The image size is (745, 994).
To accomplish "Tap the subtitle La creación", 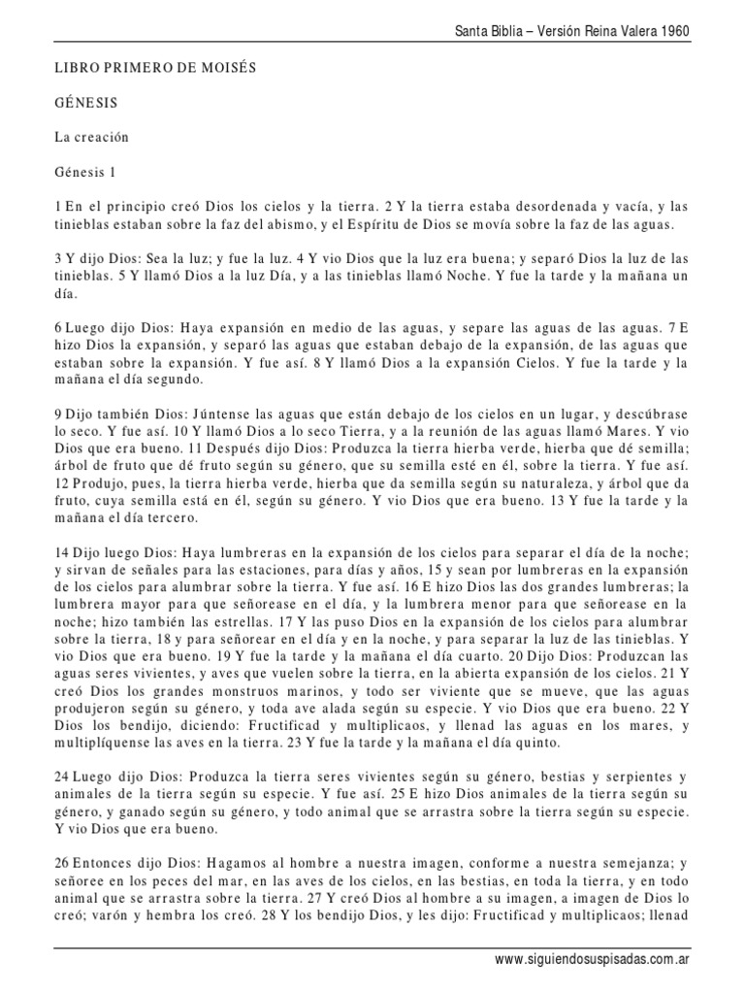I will pos(92,137).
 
